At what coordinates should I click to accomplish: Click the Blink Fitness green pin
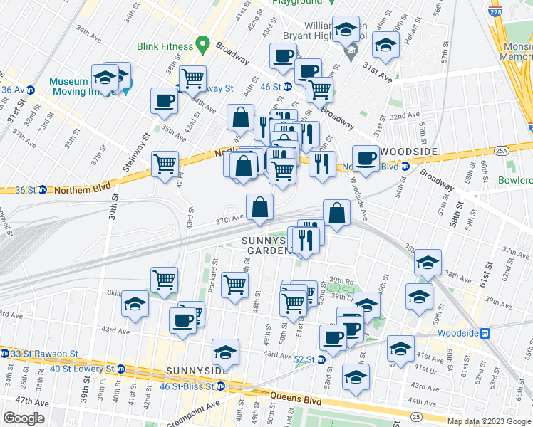tap(203, 46)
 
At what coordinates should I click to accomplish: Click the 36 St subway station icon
tap(42, 190)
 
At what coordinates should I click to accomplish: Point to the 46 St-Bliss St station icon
tap(221, 386)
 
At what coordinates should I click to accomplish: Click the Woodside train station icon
tap(485, 332)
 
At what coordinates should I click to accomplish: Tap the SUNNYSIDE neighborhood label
tap(196, 371)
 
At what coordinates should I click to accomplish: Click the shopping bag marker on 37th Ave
tap(260, 207)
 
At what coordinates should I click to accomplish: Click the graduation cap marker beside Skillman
tap(135, 305)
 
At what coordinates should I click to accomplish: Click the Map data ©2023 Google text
tap(489, 421)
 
